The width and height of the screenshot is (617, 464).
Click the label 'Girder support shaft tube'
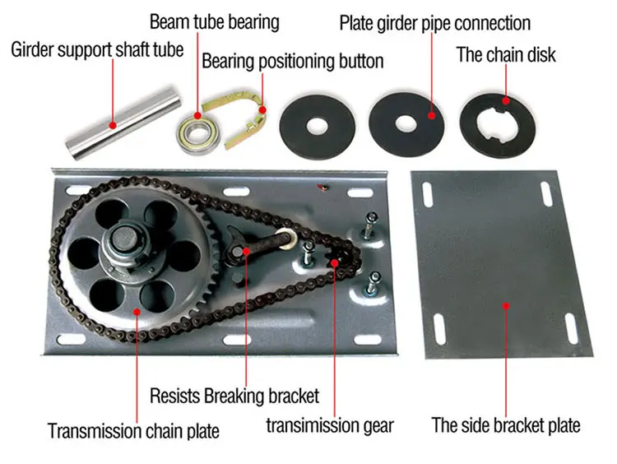[x=96, y=49]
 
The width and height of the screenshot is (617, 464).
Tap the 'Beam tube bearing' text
[x=214, y=21]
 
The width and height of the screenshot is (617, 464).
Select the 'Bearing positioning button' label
[x=293, y=61]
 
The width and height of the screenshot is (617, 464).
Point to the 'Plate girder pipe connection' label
[x=434, y=22]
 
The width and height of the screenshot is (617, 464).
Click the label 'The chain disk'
[x=506, y=55]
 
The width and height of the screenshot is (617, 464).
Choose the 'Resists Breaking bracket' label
[x=234, y=396]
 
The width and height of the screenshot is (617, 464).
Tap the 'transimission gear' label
[x=330, y=425]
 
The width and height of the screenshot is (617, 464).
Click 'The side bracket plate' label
[x=506, y=425]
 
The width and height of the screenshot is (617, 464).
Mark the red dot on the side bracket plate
[x=506, y=304]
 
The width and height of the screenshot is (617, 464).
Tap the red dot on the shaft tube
[x=114, y=124]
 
